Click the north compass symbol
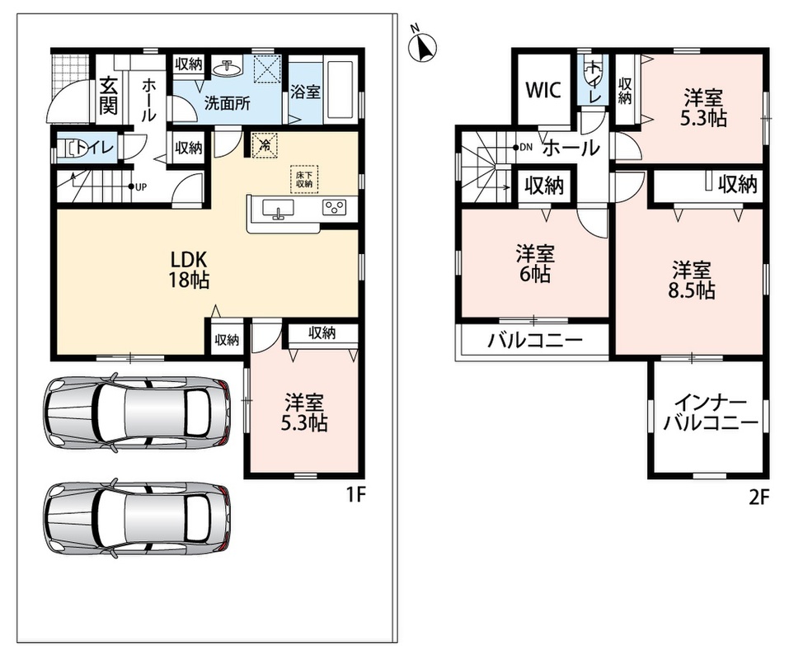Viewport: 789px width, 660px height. (422, 45)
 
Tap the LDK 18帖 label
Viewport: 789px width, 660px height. (189, 271)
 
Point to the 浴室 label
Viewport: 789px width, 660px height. (305, 92)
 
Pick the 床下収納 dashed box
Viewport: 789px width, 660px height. (304, 179)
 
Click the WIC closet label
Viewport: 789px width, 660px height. (543, 90)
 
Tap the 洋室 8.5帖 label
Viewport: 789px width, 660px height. (691, 280)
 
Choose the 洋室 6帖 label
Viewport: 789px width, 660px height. (534, 264)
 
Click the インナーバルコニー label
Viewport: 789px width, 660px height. (710, 413)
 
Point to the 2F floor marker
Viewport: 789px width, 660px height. (759, 497)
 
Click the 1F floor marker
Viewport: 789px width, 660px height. (355, 496)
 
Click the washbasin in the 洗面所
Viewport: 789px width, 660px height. (228, 67)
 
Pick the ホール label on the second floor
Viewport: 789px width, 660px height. (571, 148)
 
